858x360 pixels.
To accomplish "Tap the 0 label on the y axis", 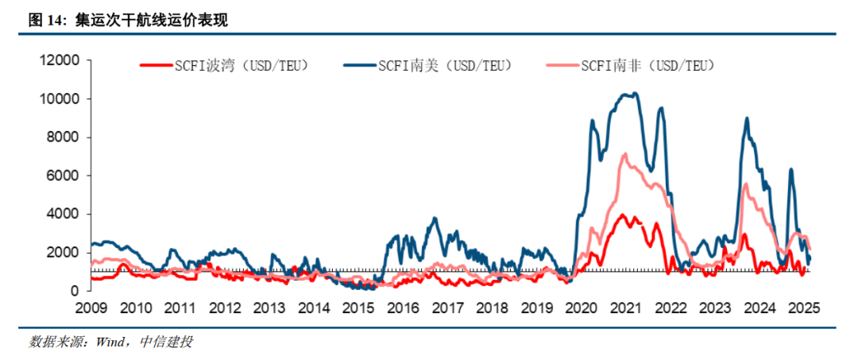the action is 75,291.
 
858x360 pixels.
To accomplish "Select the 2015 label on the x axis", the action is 359,308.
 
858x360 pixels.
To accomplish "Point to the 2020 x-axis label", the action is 582,308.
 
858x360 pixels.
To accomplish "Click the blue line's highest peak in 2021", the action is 635,94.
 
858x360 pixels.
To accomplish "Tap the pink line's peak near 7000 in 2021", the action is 624,153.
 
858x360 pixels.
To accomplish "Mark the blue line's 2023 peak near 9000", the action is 746,118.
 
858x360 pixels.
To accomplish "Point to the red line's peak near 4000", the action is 622,215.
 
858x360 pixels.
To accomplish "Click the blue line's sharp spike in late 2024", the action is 790,169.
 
